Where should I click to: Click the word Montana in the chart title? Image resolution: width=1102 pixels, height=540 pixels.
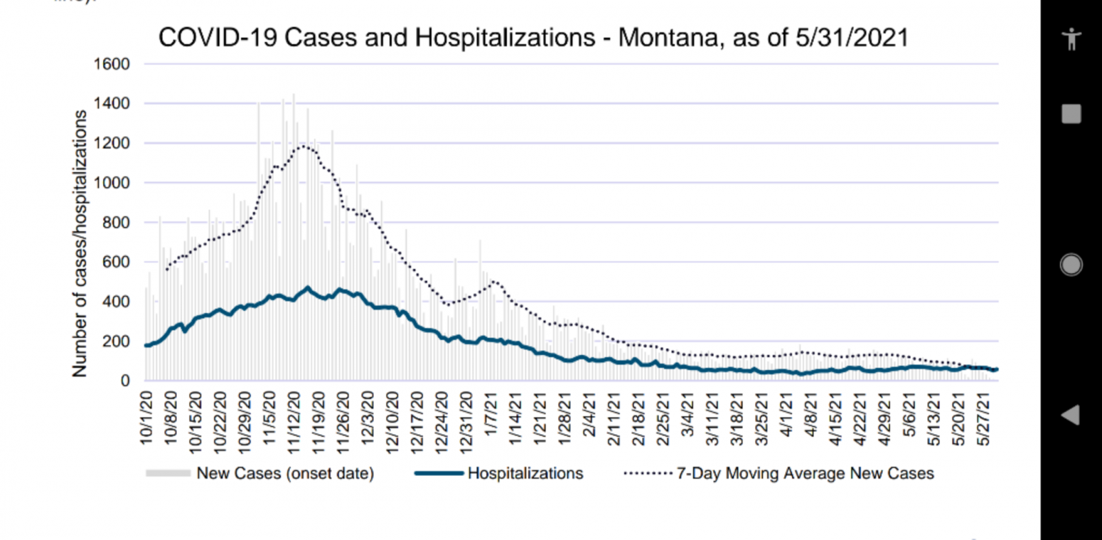click(x=667, y=38)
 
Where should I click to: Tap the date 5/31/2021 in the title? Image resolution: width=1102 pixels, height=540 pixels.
click(x=852, y=38)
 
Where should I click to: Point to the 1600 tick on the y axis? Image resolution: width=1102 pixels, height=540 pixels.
click(x=112, y=64)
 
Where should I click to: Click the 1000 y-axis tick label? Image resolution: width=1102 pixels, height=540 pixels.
click(x=112, y=183)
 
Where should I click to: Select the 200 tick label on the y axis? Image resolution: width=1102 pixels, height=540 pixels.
click(x=116, y=341)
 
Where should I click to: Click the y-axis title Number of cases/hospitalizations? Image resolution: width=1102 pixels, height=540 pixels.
click(x=80, y=244)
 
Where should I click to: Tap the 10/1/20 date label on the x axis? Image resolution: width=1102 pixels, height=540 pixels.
click(x=147, y=418)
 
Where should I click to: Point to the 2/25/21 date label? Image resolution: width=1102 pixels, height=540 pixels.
click(x=663, y=419)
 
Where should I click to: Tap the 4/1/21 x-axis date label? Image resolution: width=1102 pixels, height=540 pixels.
click(x=787, y=414)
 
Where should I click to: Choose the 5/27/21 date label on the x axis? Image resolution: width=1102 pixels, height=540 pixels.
click(x=984, y=419)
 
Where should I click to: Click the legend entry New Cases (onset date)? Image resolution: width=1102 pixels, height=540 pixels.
click(x=285, y=473)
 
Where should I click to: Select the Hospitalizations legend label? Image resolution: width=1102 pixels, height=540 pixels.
click(x=525, y=473)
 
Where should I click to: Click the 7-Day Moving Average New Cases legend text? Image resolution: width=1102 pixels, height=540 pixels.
click(x=805, y=473)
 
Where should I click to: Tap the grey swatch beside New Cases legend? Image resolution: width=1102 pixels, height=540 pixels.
click(x=168, y=473)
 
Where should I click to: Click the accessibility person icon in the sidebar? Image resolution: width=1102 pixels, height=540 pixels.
click(x=1071, y=39)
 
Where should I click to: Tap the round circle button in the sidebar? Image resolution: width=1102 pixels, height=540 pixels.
click(x=1071, y=265)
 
